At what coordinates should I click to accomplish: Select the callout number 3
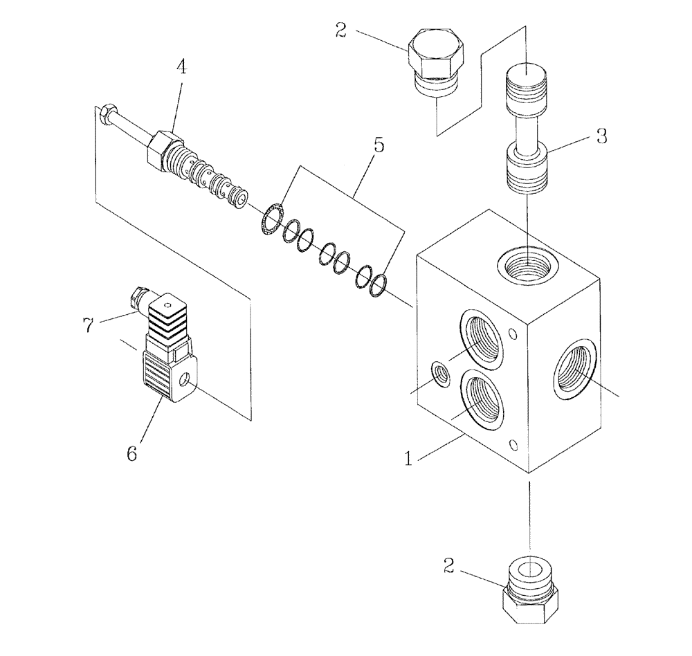[601, 136]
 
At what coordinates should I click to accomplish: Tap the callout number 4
[181, 68]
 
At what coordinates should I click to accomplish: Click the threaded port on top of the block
[527, 264]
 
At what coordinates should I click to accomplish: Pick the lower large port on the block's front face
[482, 403]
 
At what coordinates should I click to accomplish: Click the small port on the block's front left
[439, 374]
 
